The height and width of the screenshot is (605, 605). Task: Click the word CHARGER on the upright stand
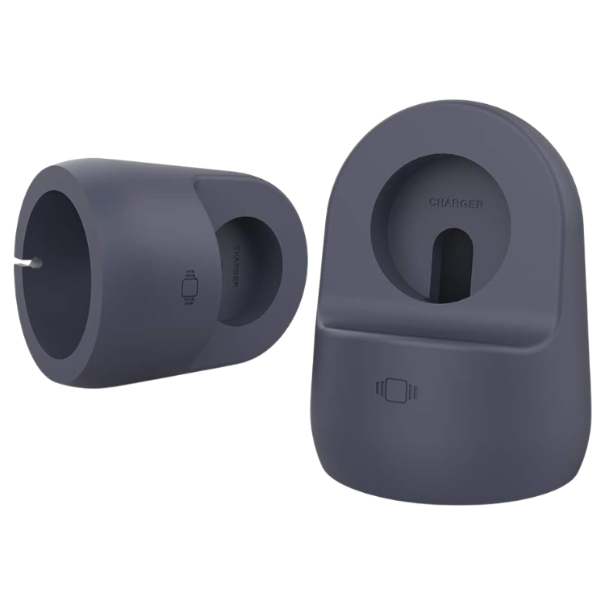point(457,203)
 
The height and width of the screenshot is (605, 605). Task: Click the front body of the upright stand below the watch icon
point(419,460)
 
